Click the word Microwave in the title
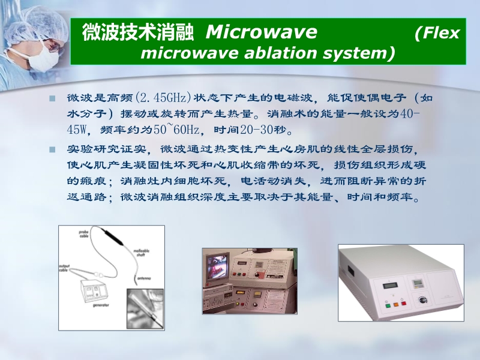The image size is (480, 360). pyautogui.click(x=261, y=32)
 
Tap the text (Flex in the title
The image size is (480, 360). pyautogui.click(x=437, y=32)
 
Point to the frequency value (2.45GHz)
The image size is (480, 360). pyautogui.click(x=164, y=98)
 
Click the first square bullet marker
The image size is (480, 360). pyautogui.click(x=52, y=98)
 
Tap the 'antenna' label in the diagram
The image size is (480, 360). pyautogui.click(x=144, y=278)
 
